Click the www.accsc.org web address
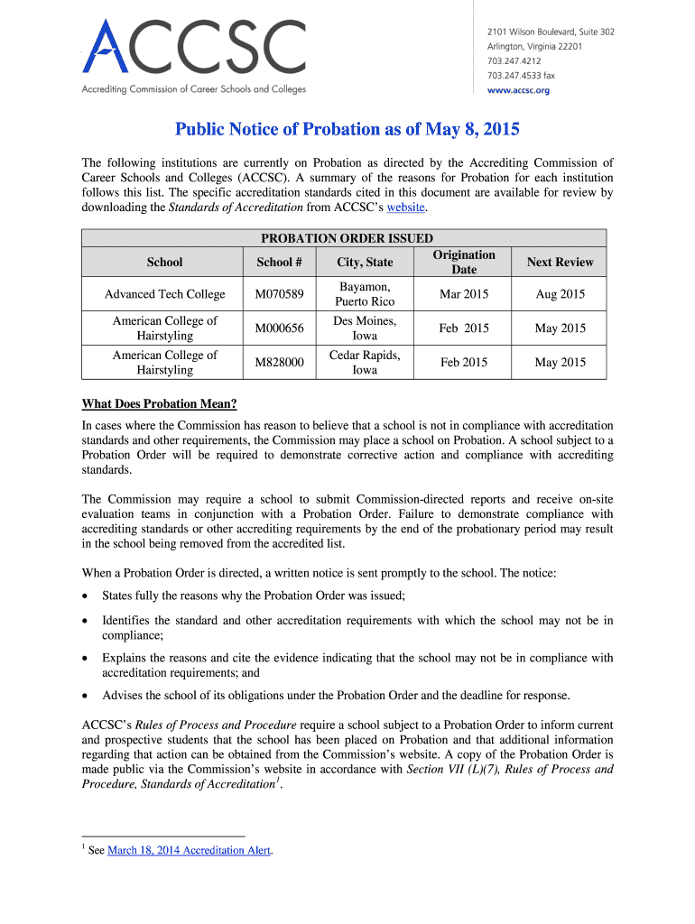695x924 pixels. (x=518, y=90)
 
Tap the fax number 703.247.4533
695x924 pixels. (x=521, y=76)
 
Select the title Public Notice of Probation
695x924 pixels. (x=347, y=129)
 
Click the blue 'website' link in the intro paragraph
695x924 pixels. (x=404, y=207)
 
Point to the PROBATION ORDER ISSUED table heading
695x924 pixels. (x=347, y=238)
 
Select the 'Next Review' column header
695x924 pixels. (x=560, y=262)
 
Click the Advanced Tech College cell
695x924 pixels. (x=164, y=294)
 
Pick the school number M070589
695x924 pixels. (x=279, y=294)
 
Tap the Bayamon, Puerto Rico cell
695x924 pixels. (x=365, y=294)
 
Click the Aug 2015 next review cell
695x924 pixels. (x=560, y=294)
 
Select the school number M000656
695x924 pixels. (x=279, y=328)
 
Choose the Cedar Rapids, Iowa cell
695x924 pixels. (x=365, y=362)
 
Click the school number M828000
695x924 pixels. (x=279, y=362)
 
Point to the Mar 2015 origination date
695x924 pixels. (x=464, y=294)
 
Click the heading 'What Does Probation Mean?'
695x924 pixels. (x=159, y=403)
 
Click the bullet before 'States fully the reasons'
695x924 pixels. (x=86, y=595)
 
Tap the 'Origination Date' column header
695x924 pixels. (x=464, y=262)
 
